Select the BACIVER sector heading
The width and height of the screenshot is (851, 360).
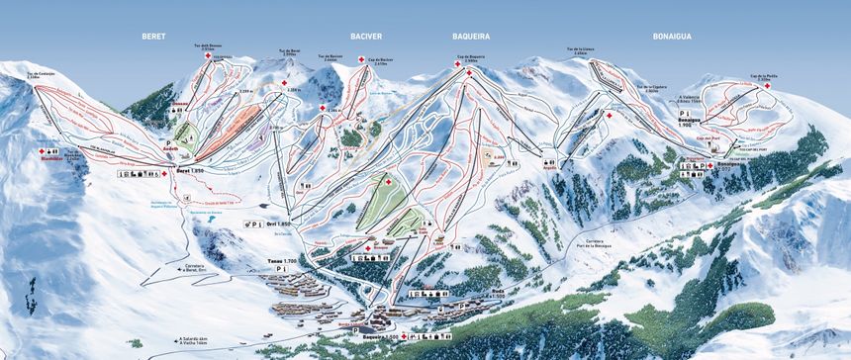tap(365, 36)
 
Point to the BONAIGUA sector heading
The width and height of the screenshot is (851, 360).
tap(672, 36)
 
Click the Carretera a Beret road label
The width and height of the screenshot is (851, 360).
tap(192, 267)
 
